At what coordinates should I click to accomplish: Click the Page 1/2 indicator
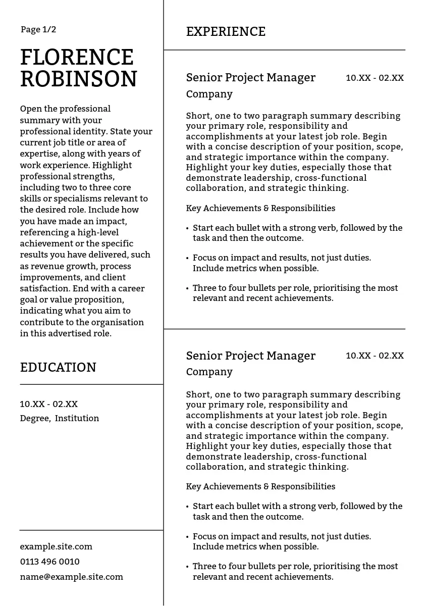(38, 30)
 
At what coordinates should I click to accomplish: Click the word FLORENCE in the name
(77, 58)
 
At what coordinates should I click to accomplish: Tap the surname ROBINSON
(79, 79)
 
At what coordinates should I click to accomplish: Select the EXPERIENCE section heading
(226, 32)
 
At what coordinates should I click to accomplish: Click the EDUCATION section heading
(58, 368)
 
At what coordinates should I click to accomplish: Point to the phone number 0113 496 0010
(49, 562)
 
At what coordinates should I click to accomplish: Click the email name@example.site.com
(71, 577)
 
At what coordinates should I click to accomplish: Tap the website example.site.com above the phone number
(56, 546)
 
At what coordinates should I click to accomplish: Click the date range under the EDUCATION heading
(48, 404)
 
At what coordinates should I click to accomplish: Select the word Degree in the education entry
(34, 418)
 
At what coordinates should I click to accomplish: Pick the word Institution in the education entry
(77, 418)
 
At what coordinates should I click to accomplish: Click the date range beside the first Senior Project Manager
(375, 78)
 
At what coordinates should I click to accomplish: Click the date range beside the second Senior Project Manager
(375, 356)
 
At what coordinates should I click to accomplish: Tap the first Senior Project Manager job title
(250, 78)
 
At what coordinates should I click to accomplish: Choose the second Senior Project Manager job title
(250, 356)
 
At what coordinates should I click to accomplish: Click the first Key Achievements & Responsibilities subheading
(260, 208)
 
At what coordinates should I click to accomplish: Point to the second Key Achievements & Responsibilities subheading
(260, 486)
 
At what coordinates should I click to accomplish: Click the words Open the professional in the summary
(65, 109)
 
